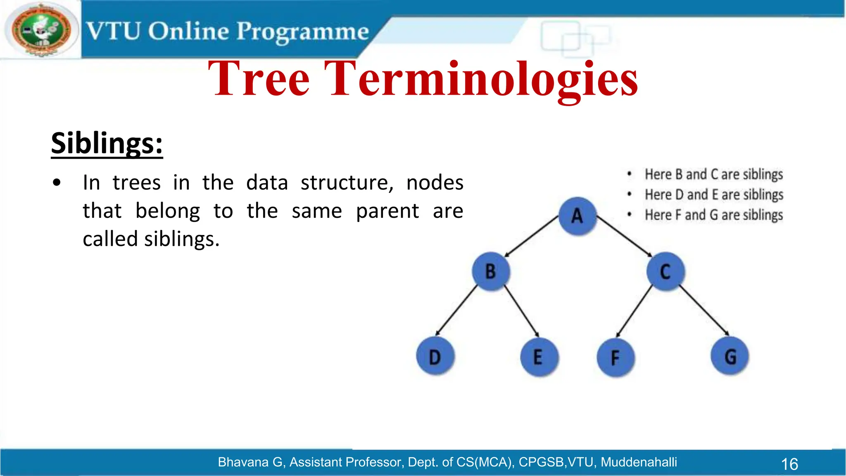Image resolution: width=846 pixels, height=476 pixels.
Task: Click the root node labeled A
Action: point(577,216)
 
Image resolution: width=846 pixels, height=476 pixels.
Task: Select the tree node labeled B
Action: point(491,271)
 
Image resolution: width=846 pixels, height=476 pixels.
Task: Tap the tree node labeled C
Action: point(665,271)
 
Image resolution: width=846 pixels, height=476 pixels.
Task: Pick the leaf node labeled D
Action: point(435,357)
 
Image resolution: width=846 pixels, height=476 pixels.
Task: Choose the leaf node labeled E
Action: point(539,357)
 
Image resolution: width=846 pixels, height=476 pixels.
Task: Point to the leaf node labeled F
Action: point(615,358)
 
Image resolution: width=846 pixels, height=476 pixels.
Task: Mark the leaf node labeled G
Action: point(730,357)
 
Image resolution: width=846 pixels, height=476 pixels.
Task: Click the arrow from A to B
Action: point(532,236)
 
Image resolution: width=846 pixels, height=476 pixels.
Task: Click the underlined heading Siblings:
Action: point(107,143)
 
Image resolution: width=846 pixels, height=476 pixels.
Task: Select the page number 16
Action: point(789,464)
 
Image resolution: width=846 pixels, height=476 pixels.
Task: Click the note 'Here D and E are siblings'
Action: point(713,195)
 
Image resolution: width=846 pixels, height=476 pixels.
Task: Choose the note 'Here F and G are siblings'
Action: point(713,215)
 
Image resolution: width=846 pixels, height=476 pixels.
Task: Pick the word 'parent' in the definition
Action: point(387,211)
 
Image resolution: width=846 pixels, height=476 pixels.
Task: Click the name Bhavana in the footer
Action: point(243,462)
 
